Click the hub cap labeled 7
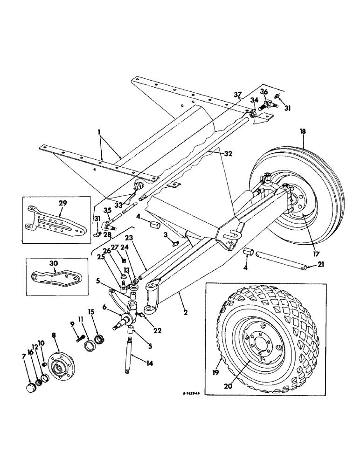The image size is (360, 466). click(x=31, y=387)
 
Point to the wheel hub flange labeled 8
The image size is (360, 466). click(x=59, y=362)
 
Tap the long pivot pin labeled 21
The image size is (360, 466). click(x=277, y=261)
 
